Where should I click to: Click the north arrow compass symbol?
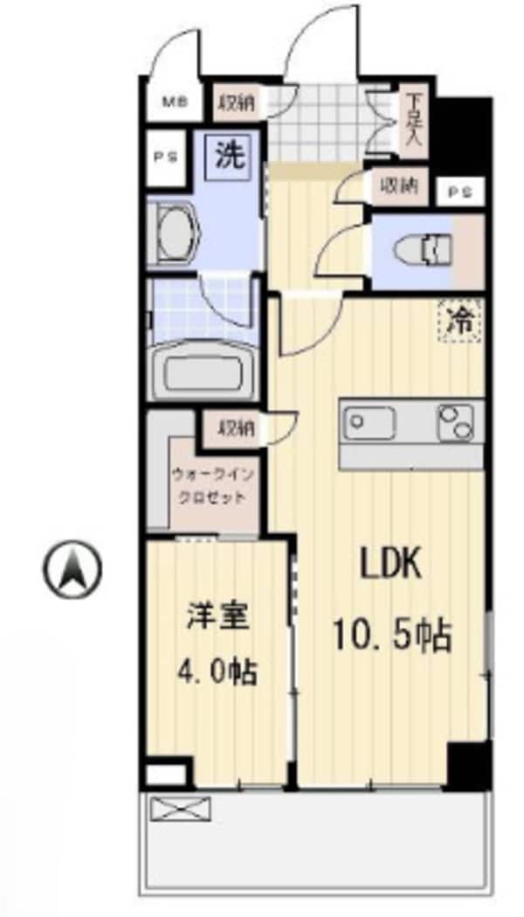point(72,569)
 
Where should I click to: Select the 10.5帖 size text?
point(391,636)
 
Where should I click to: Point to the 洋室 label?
point(217,616)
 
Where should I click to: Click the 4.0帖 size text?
point(217,670)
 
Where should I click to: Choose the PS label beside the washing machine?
point(164,158)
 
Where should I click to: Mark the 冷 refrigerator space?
point(459,321)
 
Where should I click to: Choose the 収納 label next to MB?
point(236,102)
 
